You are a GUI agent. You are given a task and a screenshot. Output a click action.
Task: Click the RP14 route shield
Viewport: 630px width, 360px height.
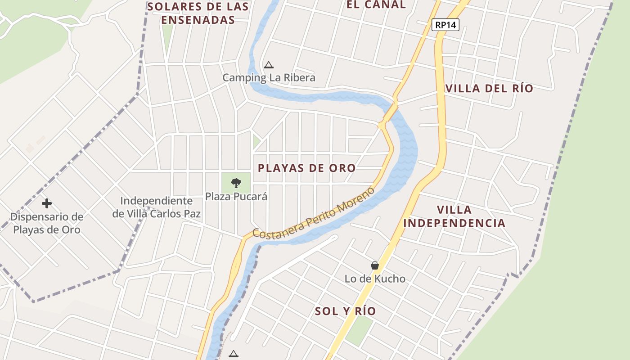pos(445,25)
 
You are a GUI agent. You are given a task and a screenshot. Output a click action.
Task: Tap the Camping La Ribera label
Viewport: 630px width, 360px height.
pos(269,78)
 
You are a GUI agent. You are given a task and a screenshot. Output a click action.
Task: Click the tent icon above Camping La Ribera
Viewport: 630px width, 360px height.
pos(269,65)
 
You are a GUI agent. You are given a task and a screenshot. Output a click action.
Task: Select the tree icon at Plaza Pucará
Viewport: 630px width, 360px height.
pos(236,183)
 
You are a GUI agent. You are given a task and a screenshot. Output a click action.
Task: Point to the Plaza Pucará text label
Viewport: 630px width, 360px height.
pos(236,197)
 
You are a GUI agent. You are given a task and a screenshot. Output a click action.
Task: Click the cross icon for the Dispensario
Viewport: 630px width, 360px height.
pos(47,203)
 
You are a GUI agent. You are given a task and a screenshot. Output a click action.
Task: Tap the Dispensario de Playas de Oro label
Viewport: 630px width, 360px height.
pos(47,223)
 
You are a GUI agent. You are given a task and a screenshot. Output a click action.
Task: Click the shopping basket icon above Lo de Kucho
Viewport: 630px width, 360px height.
pos(375,265)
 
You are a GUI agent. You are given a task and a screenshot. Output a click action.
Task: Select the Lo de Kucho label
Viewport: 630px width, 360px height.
pos(375,279)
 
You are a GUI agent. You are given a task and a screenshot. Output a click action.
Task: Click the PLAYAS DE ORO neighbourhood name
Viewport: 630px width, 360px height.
pos(306,168)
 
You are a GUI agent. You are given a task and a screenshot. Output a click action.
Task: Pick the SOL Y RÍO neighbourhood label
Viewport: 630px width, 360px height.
pos(345,311)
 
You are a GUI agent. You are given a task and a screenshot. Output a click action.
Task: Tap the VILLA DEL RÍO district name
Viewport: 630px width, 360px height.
pos(489,89)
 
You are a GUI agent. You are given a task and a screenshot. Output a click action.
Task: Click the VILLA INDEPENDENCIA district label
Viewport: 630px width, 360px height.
pos(454,216)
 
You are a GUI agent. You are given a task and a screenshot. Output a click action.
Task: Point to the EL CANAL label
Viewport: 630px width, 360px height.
pos(376,5)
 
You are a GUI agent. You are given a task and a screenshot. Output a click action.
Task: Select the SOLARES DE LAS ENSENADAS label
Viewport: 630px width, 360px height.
pos(198,13)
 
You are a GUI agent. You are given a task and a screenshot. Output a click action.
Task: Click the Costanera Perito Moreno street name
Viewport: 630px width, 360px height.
pos(313,213)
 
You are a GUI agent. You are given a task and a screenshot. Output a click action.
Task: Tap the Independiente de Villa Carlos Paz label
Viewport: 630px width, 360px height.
pos(156,207)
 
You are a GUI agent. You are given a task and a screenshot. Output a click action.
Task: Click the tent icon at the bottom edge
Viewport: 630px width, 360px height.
pos(233,354)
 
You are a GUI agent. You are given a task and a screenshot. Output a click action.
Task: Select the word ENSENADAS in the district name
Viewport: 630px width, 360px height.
pos(198,20)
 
